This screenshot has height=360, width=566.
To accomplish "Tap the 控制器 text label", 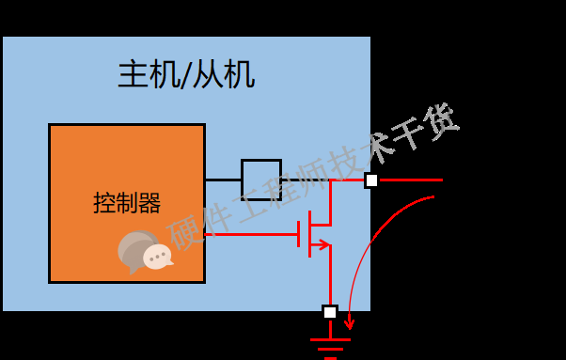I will pyautogui.click(x=127, y=202).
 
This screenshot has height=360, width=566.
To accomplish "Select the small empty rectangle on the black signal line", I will pyautogui.click(x=261, y=179).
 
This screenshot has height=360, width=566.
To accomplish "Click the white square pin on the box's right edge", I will pyautogui.click(x=371, y=180).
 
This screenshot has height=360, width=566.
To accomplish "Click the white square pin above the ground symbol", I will pyautogui.click(x=330, y=312).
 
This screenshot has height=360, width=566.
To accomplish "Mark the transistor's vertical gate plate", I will pyautogui.click(x=299, y=234).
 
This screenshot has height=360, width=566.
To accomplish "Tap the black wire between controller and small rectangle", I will pyautogui.click(x=223, y=179).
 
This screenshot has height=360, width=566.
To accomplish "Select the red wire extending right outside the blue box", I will pyautogui.click(x=410, y=180).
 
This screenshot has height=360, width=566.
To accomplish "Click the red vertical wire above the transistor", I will pyautogui.click(x=330, y=199).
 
